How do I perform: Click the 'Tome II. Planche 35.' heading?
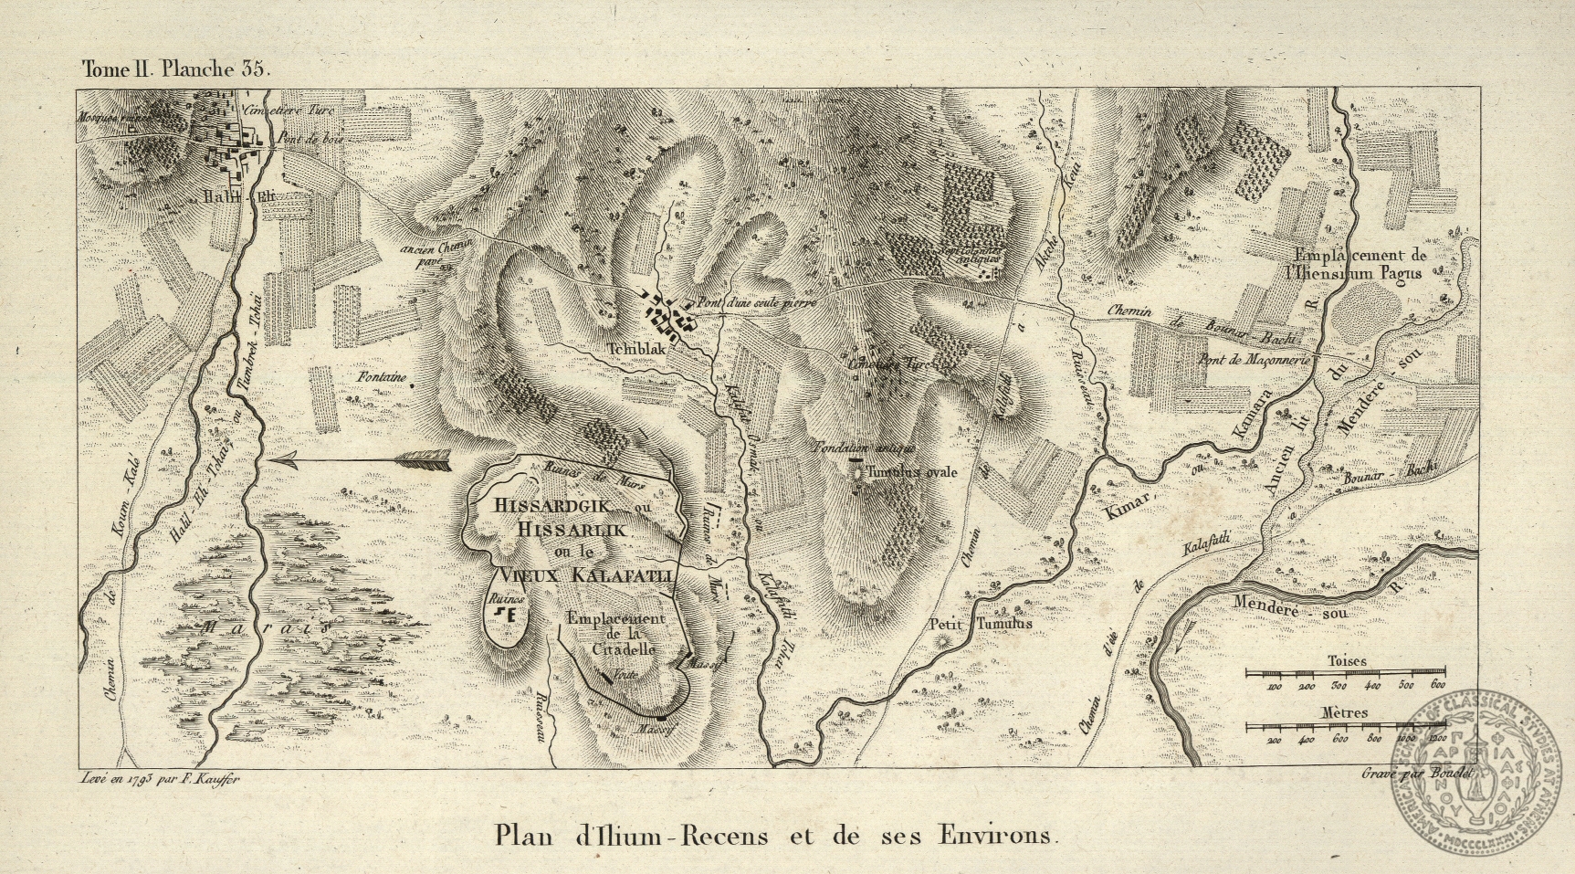[176, 68]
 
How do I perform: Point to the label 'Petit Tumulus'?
[980, 624]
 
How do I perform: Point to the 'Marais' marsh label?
[265, 628]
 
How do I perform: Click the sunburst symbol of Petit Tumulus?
[943, 643]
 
